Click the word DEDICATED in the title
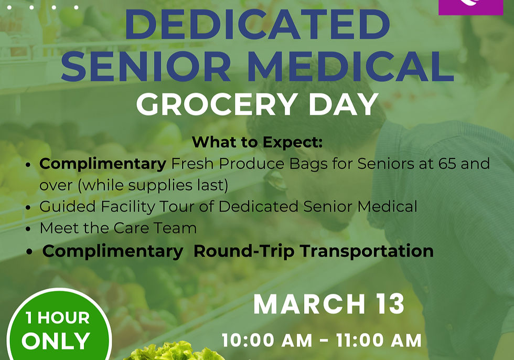(257, 25)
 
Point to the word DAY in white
(343, 104)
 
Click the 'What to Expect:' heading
(257, 142)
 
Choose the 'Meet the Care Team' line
(118, 228)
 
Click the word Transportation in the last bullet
(366, 251)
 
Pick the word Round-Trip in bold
(244, 251)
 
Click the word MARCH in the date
(309, 304)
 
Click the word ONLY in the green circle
(56, 341)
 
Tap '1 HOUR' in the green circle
(57, 317)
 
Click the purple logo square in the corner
(470, 6)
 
